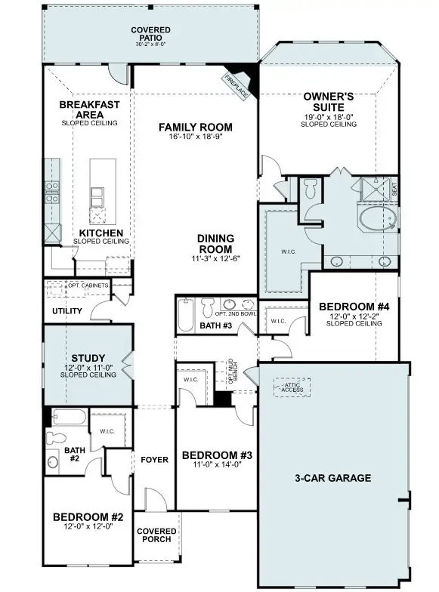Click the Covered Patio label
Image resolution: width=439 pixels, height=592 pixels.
(x=150, y=34)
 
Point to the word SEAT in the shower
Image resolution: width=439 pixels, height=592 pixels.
(x=394, y=188)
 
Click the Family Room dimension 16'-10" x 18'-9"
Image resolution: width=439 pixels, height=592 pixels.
(x=195, y=137)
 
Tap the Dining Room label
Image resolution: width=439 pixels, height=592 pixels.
(x=215, y=243)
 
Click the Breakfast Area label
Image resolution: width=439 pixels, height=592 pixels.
(x=89, y=109)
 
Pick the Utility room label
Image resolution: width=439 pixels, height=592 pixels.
(x=67, y=311)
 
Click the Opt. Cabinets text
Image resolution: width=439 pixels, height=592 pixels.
(x=88, y=286)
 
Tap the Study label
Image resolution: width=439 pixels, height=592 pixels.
(x=88, y=358)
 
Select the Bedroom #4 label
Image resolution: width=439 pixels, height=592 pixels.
(x=354, y=307)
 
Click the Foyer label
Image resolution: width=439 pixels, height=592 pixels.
(x=154, y=460)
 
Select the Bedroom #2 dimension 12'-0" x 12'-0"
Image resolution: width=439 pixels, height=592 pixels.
(x=88, y=526)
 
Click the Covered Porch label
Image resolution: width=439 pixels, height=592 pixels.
(x=156, y=536)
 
